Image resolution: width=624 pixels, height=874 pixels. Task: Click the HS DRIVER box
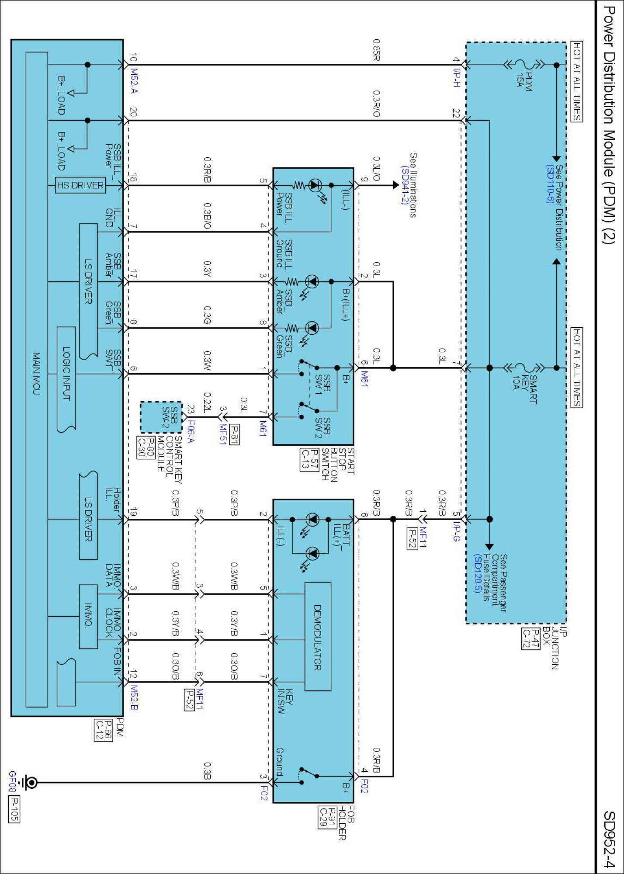click(81, 185)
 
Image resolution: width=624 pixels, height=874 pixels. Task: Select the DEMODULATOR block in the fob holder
click(318, 637)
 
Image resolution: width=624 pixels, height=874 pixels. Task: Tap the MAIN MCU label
click(37, 373)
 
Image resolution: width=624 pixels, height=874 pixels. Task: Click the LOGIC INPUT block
click(66, 373)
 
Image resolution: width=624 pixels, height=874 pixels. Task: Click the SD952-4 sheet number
click(609, 839)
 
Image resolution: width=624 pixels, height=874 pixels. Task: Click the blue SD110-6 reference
click(550, 184)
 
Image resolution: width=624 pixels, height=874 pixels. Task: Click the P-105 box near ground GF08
click(14, 809)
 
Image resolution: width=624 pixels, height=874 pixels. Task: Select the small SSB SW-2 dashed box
click(161, 417)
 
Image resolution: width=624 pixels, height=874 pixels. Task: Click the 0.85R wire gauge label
click(376, 50)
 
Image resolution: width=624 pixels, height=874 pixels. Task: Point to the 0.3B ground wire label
click(208, 771)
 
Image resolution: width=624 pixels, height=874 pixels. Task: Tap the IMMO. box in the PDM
click(88, 616)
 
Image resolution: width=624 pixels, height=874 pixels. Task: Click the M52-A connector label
click(134, 81)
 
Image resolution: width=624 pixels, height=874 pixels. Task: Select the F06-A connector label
click(191, 431)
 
